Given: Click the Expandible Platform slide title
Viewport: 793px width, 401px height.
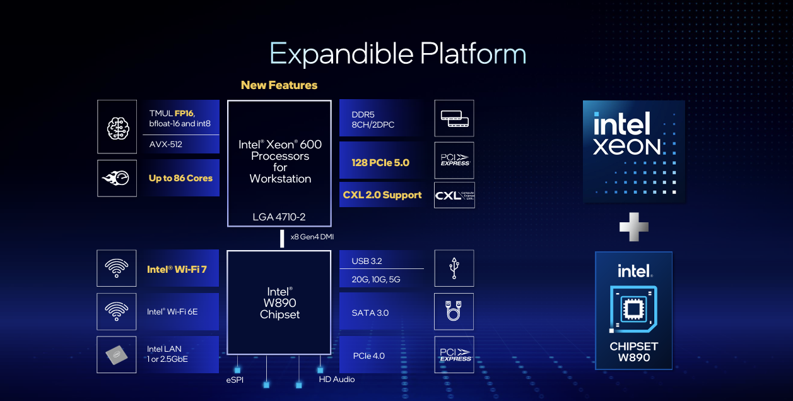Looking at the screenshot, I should [397, 54].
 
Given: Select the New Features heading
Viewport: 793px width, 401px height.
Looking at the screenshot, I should [279, 85].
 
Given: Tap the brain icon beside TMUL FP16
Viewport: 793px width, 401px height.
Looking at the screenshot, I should [117, 126].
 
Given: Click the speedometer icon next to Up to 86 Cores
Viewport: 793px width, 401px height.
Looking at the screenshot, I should [117, 178].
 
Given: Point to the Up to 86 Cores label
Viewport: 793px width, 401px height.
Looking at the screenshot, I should [180, 178].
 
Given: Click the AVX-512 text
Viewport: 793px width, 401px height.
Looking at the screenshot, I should [166, 144].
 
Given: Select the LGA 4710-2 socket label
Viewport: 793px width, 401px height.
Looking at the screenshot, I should [279, 217].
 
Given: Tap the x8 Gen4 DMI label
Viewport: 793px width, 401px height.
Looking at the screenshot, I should [312, 237].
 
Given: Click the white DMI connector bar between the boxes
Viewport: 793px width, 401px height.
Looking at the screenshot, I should [282, 239].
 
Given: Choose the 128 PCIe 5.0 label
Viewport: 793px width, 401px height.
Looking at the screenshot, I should [380, 162].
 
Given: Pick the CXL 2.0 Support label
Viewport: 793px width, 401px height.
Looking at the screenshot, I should [382, 195].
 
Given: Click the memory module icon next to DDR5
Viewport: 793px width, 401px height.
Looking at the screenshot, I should [454, 118].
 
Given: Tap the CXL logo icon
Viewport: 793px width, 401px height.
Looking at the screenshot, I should [454, 195].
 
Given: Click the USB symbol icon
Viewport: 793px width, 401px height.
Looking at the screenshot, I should [454, 268].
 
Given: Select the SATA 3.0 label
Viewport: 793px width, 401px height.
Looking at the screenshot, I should [370, 313].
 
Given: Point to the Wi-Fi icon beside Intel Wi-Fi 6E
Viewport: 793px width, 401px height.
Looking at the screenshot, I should [117, 311].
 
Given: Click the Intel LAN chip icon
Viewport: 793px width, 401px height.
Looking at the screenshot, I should [117, 354].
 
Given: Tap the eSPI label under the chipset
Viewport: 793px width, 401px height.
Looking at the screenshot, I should [235, 380].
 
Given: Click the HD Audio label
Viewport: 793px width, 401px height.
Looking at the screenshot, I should [337, 380].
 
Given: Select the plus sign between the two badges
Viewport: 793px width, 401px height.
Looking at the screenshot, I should [633, 227].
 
